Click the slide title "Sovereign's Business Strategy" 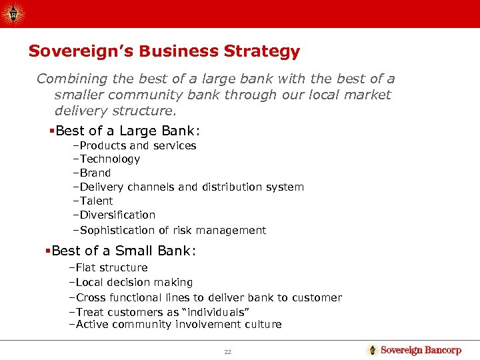[164, 51]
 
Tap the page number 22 [227, 351]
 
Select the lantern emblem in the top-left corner [13, 13]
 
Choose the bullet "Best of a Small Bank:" [123, 251]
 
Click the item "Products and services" [137, 145]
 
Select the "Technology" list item [109, 159]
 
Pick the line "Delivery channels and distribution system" [191, 187]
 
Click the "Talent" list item [96, 201]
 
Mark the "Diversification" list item [117, 215]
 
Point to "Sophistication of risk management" [172, 231]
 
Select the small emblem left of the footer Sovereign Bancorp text [372, 350]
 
